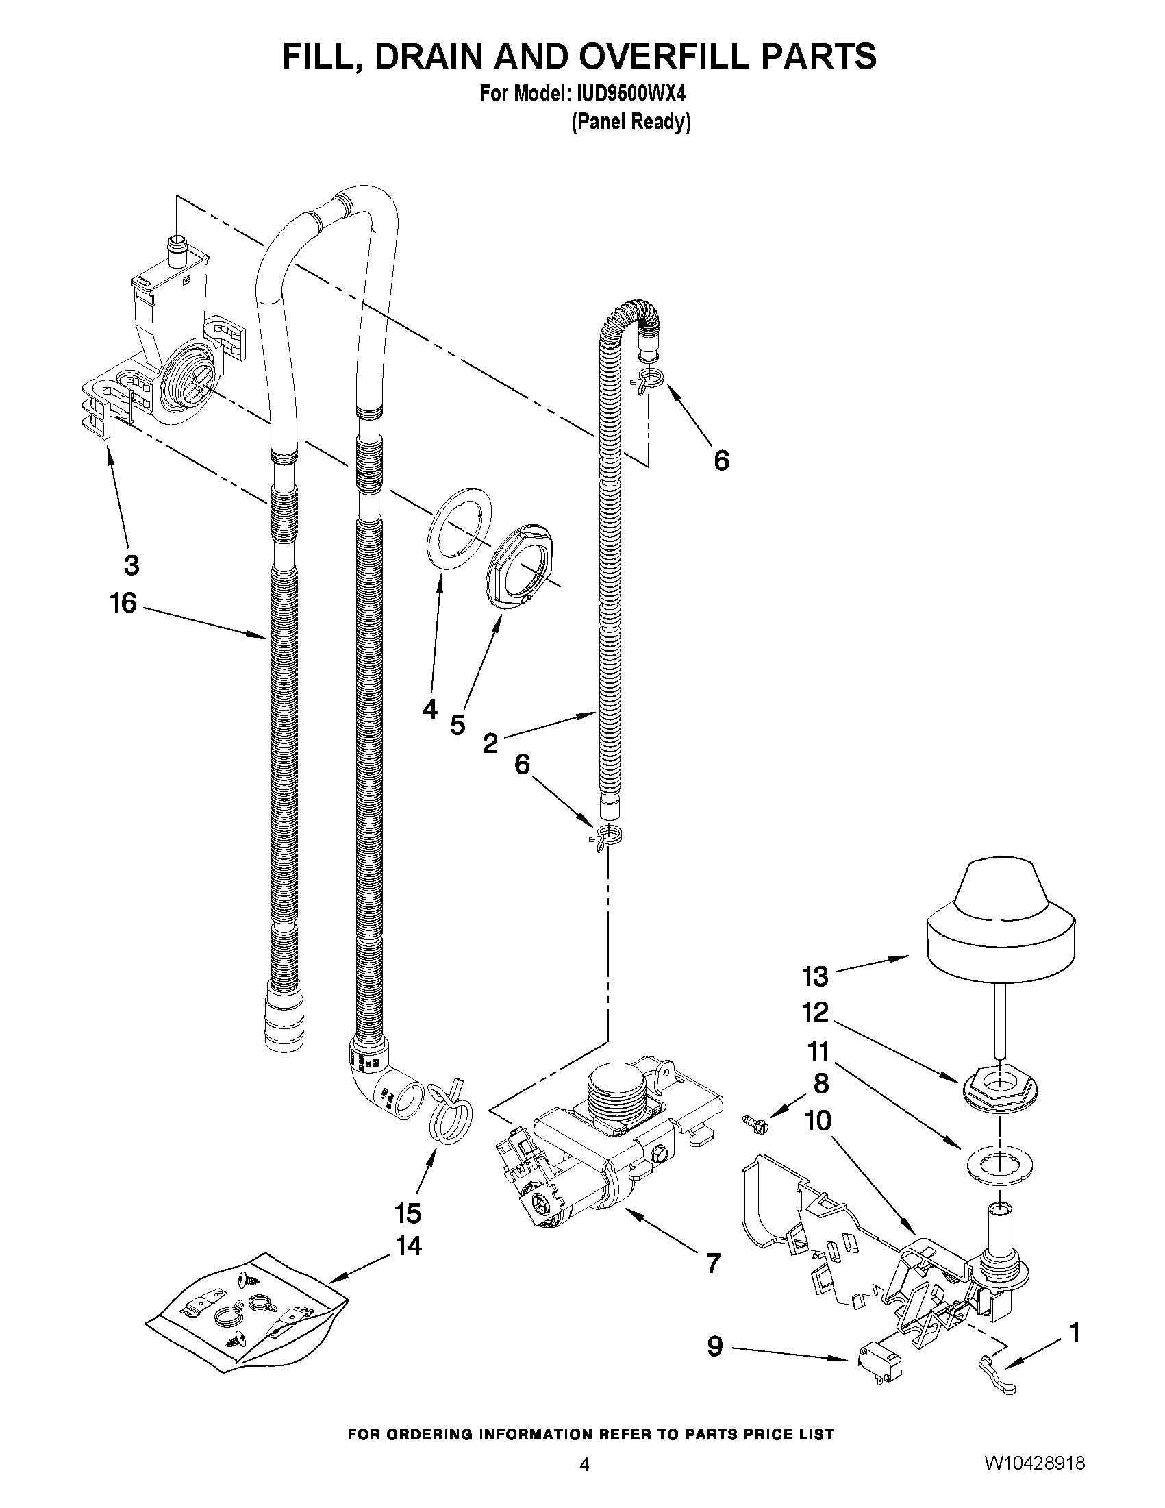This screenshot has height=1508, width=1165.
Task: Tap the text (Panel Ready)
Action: (x=631, y=122)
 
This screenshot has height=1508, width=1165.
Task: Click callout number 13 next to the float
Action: (x=814, y=976)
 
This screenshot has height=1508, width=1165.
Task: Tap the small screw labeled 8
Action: (x=755, y=1124)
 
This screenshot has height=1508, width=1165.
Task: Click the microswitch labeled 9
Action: (x=878, y=1380)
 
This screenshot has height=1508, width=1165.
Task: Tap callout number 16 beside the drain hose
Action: (x=123, y=604)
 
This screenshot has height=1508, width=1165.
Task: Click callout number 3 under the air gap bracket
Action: (x=131, y=565)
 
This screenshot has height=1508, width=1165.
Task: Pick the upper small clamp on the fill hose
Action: (x=648, y=380)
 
